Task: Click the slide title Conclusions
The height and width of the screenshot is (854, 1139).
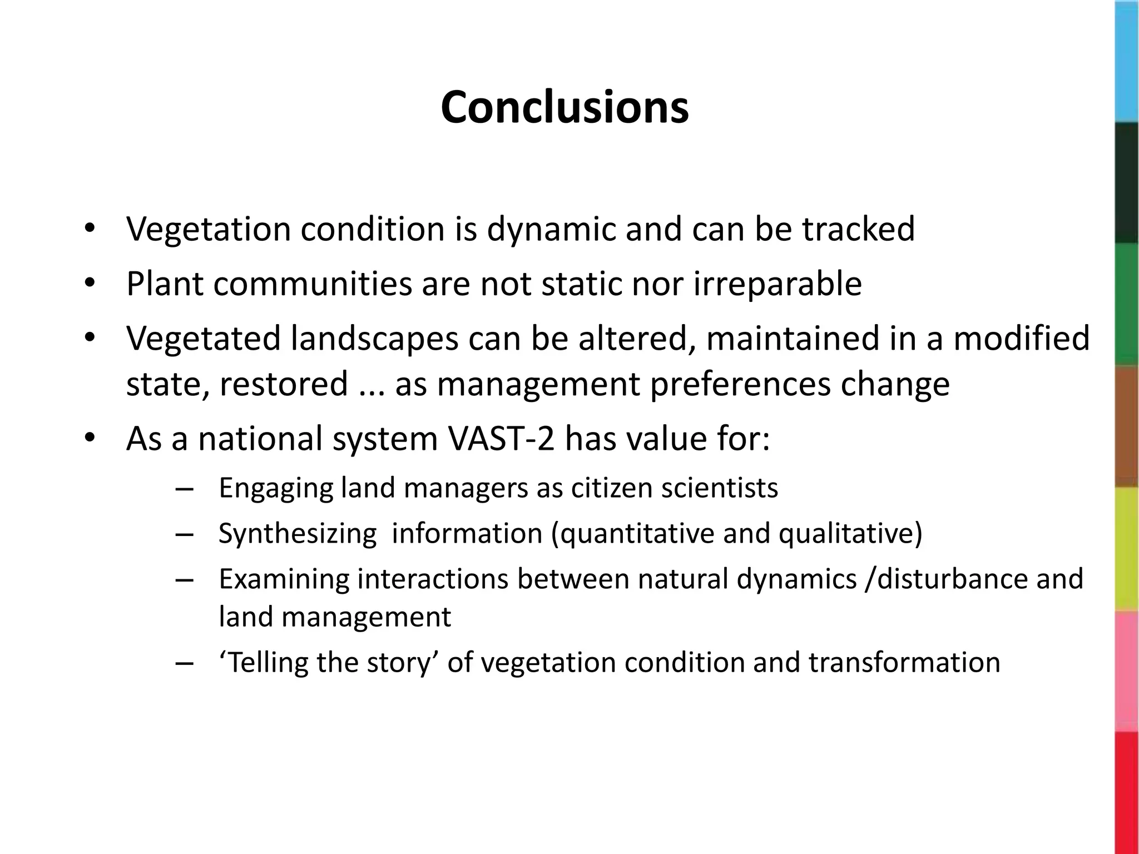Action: coord(564,107)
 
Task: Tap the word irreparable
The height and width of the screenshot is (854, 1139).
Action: coord(778,284)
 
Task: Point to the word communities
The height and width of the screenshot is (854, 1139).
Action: coord(313,284)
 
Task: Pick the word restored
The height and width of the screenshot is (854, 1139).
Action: coord(284,384)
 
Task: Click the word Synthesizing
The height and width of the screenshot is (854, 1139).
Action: coord(298,534)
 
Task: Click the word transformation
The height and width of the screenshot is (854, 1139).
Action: coord(904,662)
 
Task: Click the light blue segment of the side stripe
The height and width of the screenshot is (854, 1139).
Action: coord(1127,61)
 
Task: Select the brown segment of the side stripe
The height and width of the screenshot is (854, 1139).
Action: coord(1127,427)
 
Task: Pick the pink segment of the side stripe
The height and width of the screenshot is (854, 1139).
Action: coord(1127,672)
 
